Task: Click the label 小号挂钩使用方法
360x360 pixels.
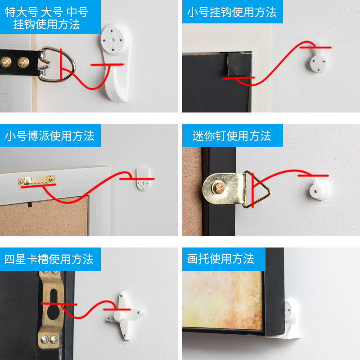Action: tap(232, 12)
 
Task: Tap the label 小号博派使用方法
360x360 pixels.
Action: tap(49, 135)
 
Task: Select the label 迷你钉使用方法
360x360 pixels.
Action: tap(232, 135)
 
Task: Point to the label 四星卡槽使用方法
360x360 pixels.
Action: tap(49, 259)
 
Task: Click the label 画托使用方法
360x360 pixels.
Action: tap(220, 259)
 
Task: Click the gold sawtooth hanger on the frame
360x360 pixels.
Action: tap(37, 180)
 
